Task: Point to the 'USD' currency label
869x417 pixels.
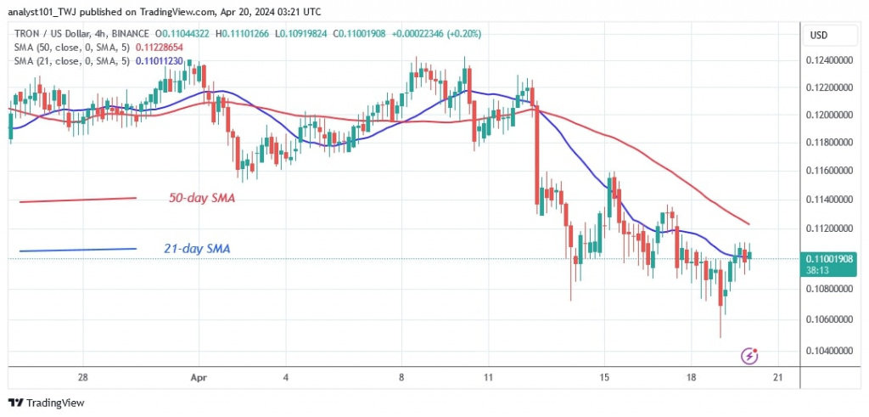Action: tap(820, 36)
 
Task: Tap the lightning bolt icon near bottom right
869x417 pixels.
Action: tap(748, 355)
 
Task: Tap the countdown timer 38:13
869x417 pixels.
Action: tap(820, 270)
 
